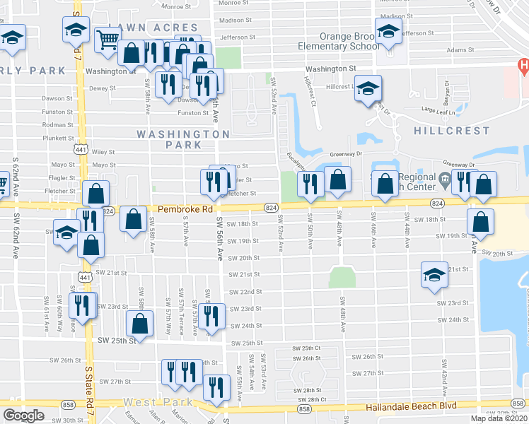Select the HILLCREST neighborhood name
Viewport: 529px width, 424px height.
(x=453, y=131)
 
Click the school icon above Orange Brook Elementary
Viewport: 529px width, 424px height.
(x=388, y=32)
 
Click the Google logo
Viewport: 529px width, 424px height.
(x=23, y=416)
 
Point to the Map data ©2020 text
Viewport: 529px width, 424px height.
(x=499, y=418)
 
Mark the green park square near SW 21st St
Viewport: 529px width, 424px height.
(x=342, y=277)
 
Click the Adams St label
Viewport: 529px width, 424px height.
(x=460, y=51)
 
